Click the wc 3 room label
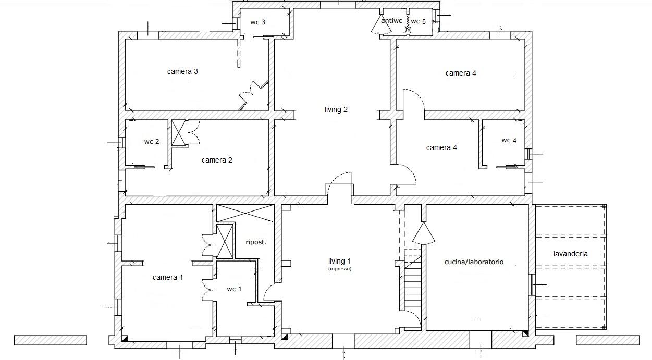click(x=257, y=22)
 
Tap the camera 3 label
click(x=182, y=71)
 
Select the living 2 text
click(x=336, y=110)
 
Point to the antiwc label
click(x=391, y=21)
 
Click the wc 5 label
click(x=419, y=21)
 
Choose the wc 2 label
click(x=152, y=142)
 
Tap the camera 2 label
click(x=217, y=160)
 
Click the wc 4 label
click(x=509, y=140)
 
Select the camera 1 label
click(x=168, y=277)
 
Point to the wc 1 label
click(x=235, y=289)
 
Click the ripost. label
click(x=256, y=242)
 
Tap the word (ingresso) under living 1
click(x=340, y=269)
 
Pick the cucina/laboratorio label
click(x=474, y=262)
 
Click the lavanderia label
click(x=571, y=254)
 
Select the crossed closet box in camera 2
click(x=178, y=133)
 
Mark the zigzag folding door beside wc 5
click(x=408, y=23)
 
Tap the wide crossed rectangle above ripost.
click(x=245, y=213)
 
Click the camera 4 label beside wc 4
click(x=441, y=148)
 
